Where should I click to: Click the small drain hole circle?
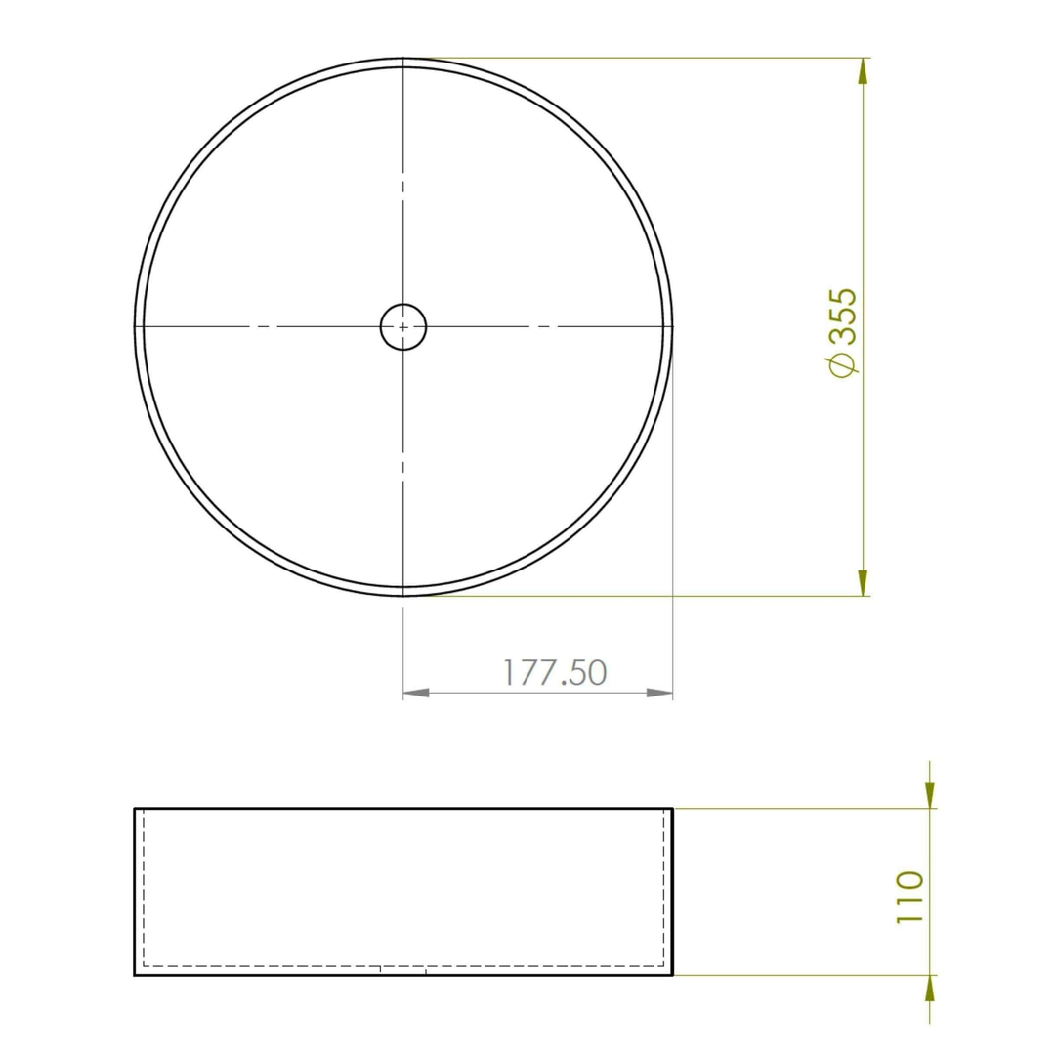[403, 326]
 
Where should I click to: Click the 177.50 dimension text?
[555, 672]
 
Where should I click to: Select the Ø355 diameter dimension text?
[841, 330]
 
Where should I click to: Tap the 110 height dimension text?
[908, 899]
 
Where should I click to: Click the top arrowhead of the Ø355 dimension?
[863, 70]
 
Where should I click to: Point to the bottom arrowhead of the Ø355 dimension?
[863, 583]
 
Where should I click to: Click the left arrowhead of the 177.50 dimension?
[416, 693]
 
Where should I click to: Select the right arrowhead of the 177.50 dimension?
[660, 693]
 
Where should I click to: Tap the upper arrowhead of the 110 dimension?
[929, 796]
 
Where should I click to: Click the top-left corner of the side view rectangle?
[135, 809]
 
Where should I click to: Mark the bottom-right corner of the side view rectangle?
[673, 975]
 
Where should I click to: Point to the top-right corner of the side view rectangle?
[673, 809]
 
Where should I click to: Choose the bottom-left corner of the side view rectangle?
[135, 975]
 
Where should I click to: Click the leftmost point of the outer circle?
[135, 326]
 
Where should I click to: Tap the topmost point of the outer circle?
[403, 58]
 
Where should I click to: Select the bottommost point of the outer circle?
[403, 595]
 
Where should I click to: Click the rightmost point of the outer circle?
[674, 326]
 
